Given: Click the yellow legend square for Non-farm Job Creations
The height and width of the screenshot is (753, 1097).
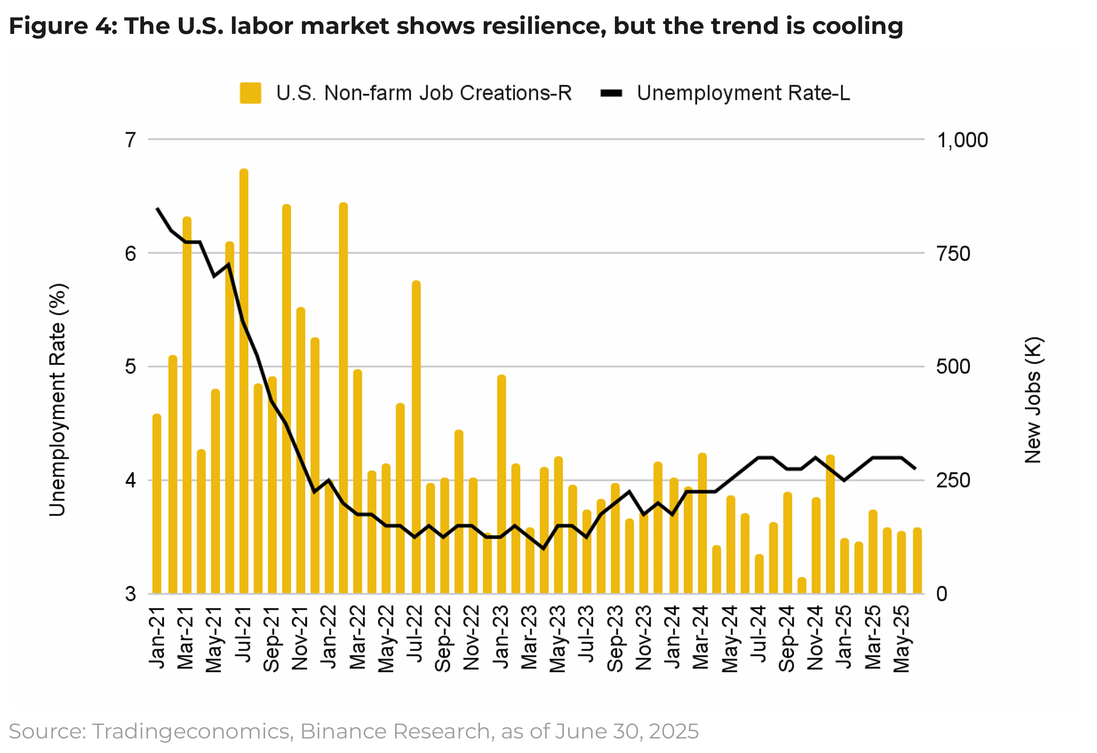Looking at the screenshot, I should point(250,93).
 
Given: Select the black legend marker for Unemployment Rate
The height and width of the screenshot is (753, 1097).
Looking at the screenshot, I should point(611,93).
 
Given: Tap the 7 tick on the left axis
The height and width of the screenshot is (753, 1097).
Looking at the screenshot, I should point(131,140).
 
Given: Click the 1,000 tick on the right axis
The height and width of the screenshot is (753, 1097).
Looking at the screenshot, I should point(962,140).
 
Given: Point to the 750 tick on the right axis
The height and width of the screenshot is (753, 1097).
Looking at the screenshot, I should point(953,254).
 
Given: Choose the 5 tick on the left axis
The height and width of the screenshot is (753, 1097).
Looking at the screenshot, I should point(131,366).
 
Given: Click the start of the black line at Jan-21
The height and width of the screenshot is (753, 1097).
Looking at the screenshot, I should point(157,208).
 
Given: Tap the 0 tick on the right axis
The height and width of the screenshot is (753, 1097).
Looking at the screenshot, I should point(942,594).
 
